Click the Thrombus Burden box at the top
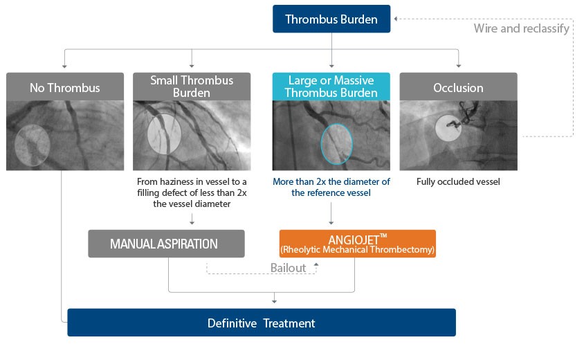331,19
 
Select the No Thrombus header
65,88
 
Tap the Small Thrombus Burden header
192,87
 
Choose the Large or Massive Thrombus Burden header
331,87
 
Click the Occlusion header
458,88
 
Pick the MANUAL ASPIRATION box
166,244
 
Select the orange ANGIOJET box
357,244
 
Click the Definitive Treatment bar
262,323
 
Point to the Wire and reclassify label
521,28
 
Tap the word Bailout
288,267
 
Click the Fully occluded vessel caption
458,182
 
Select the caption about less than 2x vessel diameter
192,192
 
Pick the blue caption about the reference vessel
331,187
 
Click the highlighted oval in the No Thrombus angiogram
33,144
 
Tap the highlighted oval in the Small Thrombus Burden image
165,133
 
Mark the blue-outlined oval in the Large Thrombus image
337,143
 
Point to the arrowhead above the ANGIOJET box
331,223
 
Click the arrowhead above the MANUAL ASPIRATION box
192,223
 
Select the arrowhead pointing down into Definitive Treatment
275,301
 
